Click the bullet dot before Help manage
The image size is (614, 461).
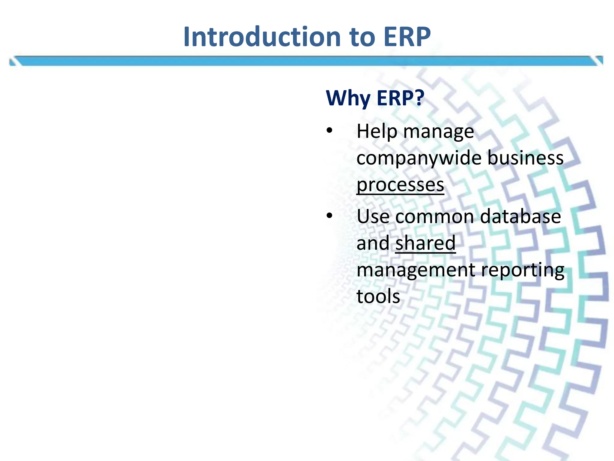pos(329,131)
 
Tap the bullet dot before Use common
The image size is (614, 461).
pos(329,215)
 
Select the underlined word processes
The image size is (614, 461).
pos(400,185)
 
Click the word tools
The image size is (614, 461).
pos(378,296)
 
